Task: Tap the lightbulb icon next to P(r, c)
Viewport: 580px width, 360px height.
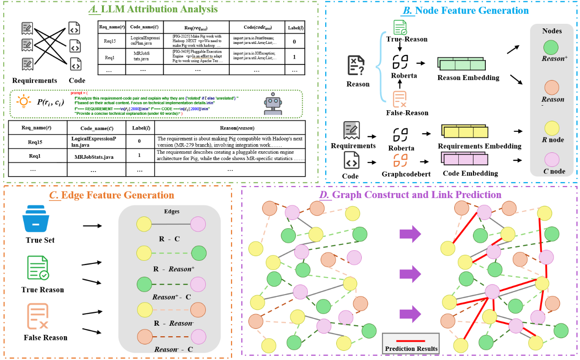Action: (23, 102)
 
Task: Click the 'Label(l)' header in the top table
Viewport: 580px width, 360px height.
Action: (294, 27)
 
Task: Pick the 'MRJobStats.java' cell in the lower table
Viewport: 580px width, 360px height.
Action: (93, 156)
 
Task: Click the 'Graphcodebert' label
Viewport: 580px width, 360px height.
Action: (401, 174)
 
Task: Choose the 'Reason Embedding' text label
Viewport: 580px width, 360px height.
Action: (468, 78)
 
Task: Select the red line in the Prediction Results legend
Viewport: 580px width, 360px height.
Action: (410, 340)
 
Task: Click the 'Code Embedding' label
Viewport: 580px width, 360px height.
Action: (470, 173)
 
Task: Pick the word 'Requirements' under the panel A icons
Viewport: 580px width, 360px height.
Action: (35, 81)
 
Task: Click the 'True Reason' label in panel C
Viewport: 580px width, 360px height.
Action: (43, 290)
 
